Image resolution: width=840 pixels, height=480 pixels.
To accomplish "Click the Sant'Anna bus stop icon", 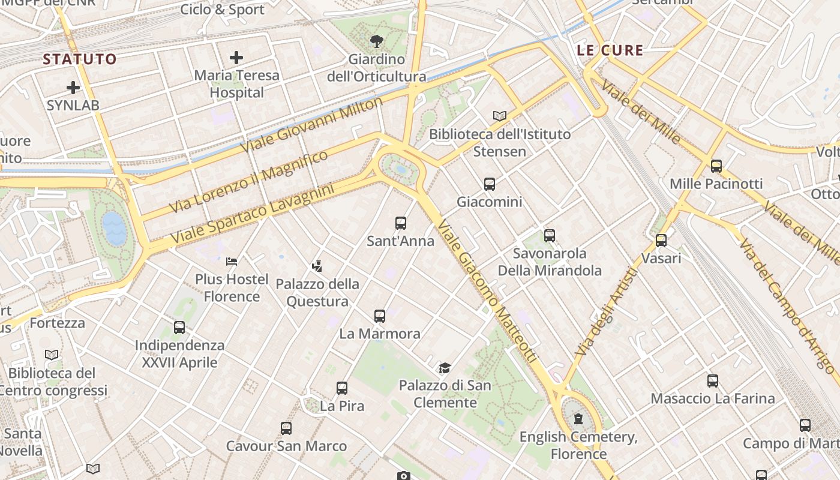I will (x=401, y=223).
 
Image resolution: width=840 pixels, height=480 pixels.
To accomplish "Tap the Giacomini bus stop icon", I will (x=490, y=184).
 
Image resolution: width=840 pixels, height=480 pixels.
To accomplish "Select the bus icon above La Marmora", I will (x=380, y=316).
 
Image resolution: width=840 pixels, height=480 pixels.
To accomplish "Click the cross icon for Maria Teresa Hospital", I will (x=236, y=58).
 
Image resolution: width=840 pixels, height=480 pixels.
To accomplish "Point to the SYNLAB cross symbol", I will (x=73, y=88).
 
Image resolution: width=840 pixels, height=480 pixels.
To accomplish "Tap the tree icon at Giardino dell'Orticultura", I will (x=377, y=41).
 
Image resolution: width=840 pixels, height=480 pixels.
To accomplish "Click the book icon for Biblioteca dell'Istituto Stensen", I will (x=500, y=116).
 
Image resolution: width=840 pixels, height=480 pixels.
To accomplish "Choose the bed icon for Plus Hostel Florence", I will (x=232, y=262).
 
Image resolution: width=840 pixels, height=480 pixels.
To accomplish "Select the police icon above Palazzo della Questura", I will (x=317, y=266).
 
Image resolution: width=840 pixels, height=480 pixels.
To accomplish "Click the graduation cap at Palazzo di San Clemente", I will (x=445, y=368).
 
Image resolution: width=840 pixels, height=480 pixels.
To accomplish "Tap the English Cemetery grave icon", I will (x=578, y=419).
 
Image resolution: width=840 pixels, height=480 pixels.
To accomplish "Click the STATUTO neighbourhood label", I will (x=80, y=59).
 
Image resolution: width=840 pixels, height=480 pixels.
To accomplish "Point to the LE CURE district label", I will (x=610, y=50).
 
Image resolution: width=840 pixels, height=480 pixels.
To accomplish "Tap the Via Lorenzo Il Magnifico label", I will (x=248, y=181).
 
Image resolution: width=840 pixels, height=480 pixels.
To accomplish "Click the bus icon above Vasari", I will (x=661, y=241).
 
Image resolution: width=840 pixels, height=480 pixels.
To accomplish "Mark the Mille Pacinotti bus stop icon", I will (x=716, y=166).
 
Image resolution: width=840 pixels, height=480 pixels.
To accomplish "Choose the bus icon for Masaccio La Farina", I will (x=713, y=381).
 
